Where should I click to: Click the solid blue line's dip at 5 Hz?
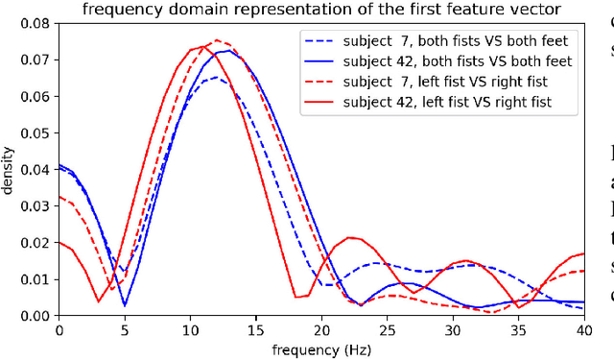[125, 305]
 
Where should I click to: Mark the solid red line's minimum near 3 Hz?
[99, 301]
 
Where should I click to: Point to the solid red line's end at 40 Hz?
[583, 254]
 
